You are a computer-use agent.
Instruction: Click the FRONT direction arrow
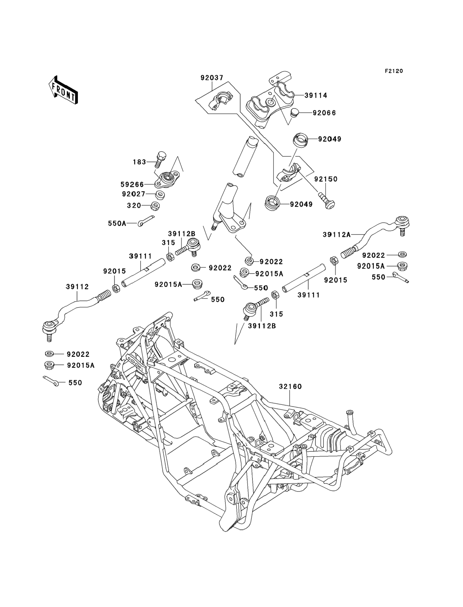(x=63, y=91)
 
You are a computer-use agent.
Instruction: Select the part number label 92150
(x=326, y=179)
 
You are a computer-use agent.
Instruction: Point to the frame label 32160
(x=290, y=387)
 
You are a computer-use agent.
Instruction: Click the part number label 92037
(x=212, y=78)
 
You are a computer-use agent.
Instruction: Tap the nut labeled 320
(x=156, y=206)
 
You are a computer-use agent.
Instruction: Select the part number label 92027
(x=134, y=194)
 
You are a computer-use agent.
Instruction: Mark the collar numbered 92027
(x=160, y=195)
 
